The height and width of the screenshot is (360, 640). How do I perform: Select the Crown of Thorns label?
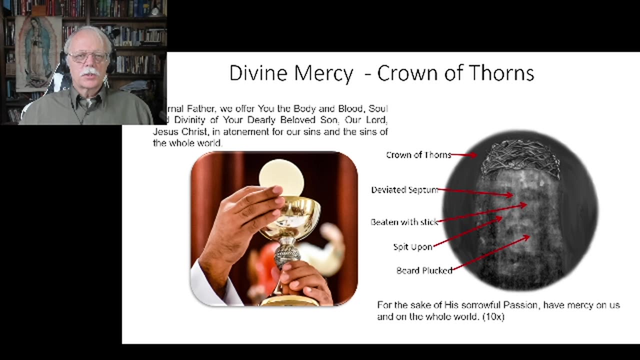tap(418, 155)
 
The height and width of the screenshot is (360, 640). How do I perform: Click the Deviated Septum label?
tap(404, 190)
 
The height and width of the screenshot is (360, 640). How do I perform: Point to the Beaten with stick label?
tap(404, 222)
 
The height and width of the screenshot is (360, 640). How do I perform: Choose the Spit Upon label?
tap(412, 247)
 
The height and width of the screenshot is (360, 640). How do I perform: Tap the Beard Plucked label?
tap(424, 270)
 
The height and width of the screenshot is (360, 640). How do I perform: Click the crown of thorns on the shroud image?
tap(520, 157)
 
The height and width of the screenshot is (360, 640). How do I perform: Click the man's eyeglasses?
tap(88, 57)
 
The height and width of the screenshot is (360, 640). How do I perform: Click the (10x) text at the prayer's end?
tap(493, 316)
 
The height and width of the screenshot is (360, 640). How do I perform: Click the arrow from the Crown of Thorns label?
tap(463, 155)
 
